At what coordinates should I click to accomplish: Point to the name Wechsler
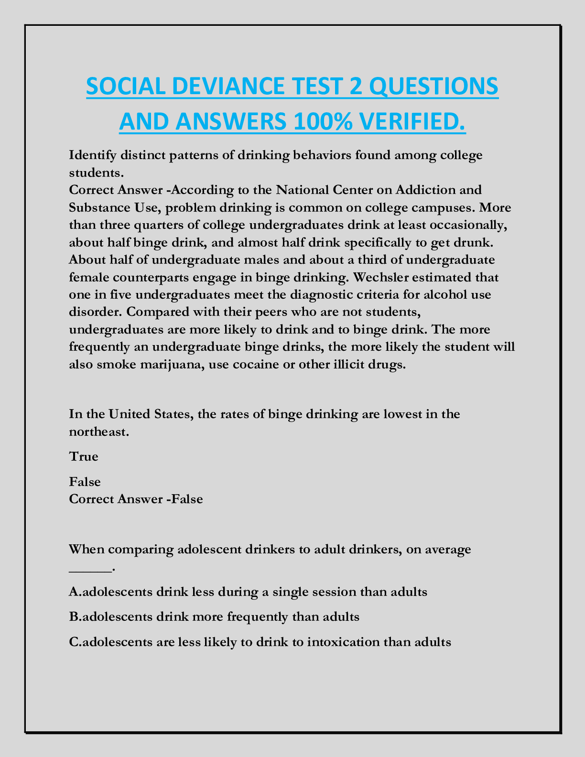368,277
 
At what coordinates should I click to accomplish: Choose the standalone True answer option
84,456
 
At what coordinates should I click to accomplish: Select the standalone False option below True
85,481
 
